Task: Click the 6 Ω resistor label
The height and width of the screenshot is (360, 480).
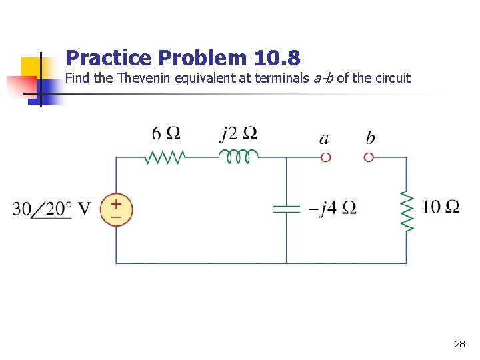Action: (x=166, y=134)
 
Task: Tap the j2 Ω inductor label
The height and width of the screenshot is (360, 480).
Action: (x=239, y=134)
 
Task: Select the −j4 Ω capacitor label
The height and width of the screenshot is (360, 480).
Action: (x=332, y=209)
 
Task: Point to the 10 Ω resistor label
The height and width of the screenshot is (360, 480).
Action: (x=441, y=207)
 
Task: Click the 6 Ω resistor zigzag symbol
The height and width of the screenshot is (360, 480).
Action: (x=164, y=157)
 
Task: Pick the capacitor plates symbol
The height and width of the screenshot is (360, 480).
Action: (x=287, y=209)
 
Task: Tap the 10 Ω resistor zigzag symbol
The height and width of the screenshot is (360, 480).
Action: (x=407, y=210)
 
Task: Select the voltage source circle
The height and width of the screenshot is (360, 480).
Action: (x=117, y=209)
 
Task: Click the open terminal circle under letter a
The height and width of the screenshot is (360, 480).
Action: (x=325, y=157)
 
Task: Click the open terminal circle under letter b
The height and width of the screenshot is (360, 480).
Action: (x=369, y=157)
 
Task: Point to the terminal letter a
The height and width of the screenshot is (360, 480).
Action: (x=324, y=139)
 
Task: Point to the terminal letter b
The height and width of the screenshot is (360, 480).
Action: (x=370, y=138)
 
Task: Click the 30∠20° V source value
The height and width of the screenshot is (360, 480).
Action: (x=51, y=209)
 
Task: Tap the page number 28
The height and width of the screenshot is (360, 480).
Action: (x=459, y=344)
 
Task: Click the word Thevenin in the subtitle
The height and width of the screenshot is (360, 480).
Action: (x=144, y=78)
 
